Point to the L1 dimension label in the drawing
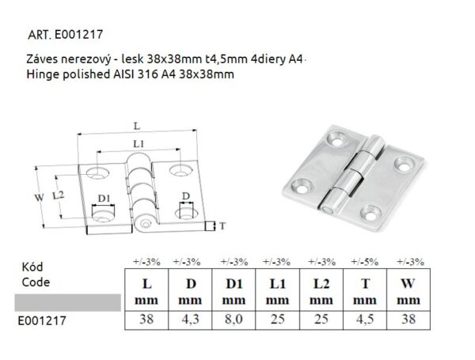[138, 144]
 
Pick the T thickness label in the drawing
[222, 226]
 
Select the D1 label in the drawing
[103, 199]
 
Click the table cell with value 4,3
[190, 321]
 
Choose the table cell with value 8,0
[233, 321]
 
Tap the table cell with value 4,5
[366, 321]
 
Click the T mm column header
[366, 290]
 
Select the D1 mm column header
[233, 290]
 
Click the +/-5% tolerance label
[366, 261]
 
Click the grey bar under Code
[67, 301]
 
